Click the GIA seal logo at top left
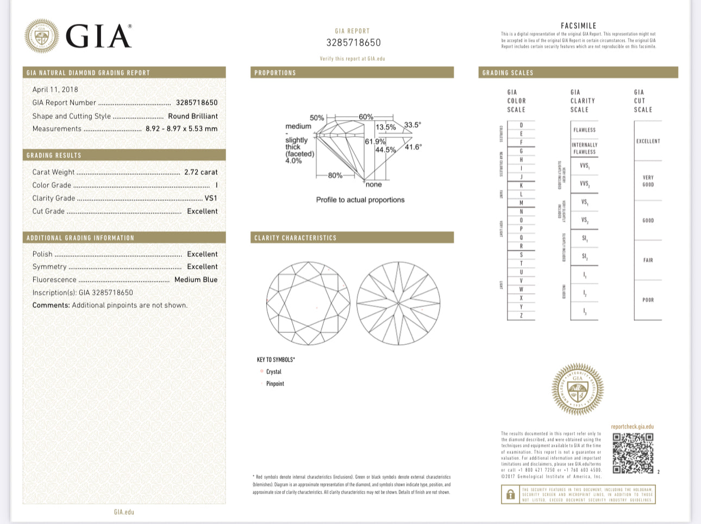(x=42, y=36)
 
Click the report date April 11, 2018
(x=55, y=90)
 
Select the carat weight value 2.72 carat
(x=201, y=172)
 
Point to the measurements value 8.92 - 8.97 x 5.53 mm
(x=181, y=129)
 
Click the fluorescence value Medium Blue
(x=196, y=280)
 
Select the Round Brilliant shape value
(x=192, y=116)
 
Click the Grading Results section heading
(x=54, y=155)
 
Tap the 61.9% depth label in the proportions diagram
(x=374, y=142)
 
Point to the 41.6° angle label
(x=413, y=147)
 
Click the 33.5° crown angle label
(x=412, y=125)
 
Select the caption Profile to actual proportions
(x=360, y=200)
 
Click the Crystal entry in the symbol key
(x=273, y=372)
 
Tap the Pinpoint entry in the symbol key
(x=275, y=384)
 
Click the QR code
(x=633, y=453)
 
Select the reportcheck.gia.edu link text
(x=632, y=427)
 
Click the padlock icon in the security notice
(x=510, y=495)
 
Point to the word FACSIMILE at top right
(x=578, y=26)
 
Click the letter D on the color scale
(x=521, y=125)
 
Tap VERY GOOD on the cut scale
(x=648, y=181)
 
